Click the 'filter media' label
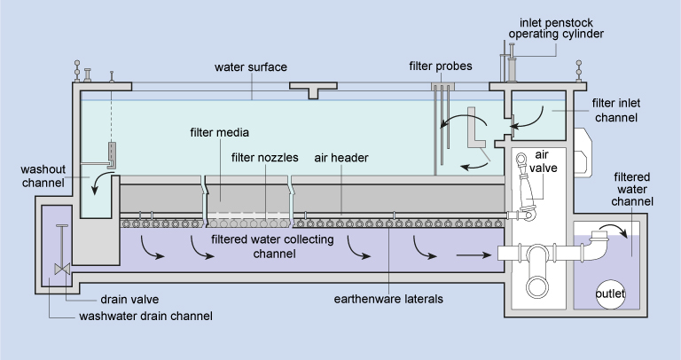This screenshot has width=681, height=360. point(219,133)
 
